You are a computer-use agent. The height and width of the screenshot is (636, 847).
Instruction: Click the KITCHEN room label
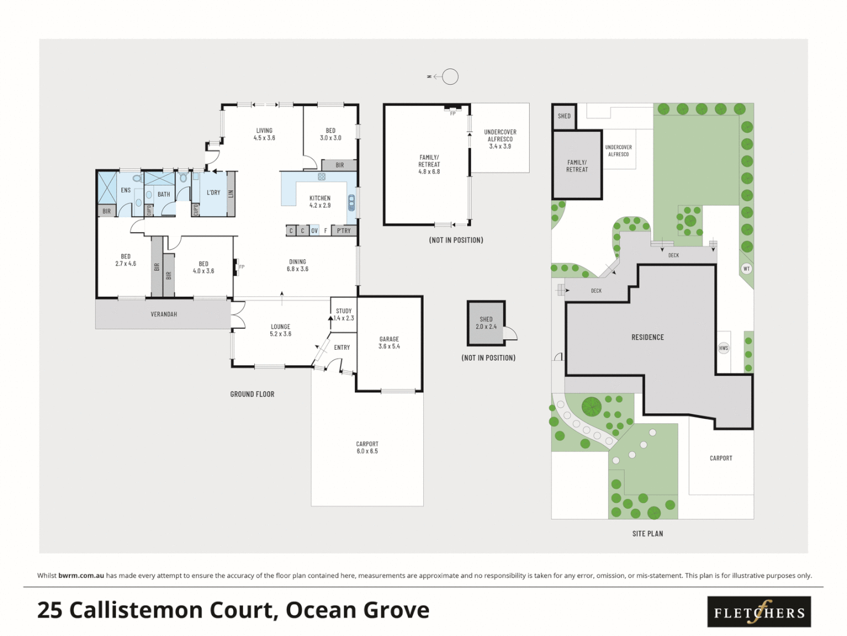pos(320,201)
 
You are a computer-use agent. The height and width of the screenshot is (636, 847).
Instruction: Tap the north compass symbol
pos(450,77)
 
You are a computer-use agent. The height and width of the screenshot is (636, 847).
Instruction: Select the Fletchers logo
pos(759,612)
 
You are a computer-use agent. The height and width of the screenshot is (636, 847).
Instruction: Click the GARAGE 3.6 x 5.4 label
pos(389,343)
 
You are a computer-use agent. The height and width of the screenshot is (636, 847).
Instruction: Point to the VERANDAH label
pos(164,314)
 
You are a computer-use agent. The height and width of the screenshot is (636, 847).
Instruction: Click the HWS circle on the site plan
pos(723,348)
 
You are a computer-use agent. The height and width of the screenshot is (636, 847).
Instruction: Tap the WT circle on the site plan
pos(746,269)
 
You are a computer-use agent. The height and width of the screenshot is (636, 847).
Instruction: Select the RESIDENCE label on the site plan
pos(647,337)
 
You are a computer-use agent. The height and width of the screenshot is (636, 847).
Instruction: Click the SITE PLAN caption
pos(647,534)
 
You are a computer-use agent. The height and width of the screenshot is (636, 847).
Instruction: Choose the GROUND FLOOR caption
pos(252,394)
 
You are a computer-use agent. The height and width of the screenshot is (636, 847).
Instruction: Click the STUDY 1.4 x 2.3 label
pos(344,314)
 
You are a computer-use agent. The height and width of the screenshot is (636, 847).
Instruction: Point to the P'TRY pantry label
pos(344,231)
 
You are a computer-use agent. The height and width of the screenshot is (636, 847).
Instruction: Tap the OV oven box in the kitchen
pos(314,231)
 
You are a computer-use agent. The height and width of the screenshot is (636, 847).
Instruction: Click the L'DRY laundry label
pos(213,193)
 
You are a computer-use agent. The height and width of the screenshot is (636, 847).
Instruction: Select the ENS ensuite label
pos(126,190)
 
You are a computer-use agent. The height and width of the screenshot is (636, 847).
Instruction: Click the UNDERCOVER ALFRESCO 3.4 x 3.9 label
pos(500,139)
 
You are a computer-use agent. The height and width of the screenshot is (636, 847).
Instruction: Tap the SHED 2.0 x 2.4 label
pos(486,323)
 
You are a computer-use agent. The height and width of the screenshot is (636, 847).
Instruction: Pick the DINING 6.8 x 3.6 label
pos(297,265)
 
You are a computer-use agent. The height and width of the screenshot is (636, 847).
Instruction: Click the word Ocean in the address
pos(321,610)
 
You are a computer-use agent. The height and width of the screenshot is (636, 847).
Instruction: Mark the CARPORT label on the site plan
pos(721,458)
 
